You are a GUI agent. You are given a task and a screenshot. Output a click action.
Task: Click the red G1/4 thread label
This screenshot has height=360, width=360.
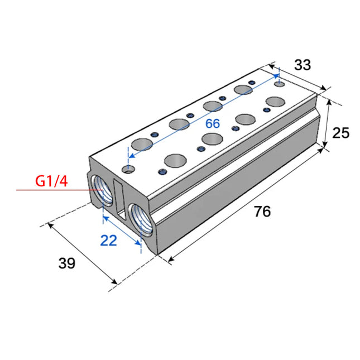(52, 181)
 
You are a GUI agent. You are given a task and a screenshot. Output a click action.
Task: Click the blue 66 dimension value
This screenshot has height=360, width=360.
(212, 123)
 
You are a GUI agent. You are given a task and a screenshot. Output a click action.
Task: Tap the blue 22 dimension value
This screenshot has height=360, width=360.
(109, 241)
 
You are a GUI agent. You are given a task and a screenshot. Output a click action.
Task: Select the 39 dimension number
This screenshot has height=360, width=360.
(67, 263)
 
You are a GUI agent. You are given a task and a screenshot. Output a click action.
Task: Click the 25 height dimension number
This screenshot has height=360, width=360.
(340, 132)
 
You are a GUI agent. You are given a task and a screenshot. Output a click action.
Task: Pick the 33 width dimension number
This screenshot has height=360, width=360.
(303, 65)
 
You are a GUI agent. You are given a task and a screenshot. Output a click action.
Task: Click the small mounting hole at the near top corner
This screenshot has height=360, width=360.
(130, 167)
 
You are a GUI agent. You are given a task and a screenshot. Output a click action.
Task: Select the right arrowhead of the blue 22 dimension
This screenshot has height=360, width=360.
(138, 243)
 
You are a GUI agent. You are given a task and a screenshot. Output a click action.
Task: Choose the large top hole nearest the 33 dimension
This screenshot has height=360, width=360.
(275, 102)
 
